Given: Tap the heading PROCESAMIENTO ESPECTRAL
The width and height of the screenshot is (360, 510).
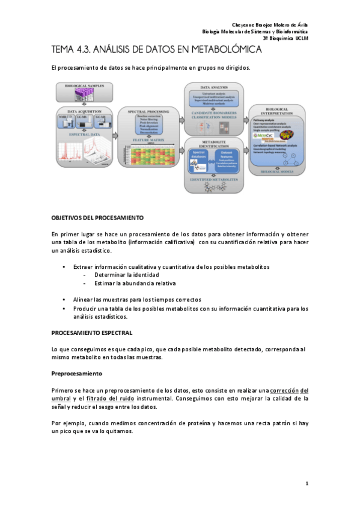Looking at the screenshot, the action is tap(92, 332).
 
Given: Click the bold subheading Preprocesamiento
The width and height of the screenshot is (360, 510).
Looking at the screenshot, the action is tap(76, 373).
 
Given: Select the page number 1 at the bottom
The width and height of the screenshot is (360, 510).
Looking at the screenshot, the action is tap(307, 483).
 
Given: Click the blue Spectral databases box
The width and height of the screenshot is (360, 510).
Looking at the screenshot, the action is tap(198, 158).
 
